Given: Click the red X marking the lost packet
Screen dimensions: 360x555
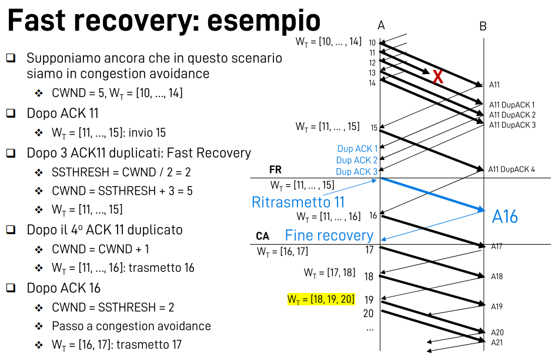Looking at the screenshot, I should point(437,76).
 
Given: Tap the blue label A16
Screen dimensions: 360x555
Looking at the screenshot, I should point(505,217).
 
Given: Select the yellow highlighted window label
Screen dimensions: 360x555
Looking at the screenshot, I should point(321,299).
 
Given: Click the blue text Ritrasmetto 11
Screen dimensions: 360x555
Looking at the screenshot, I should point(298,202).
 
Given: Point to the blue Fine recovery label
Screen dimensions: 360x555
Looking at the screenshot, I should point(329,236).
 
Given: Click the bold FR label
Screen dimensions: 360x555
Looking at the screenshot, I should point(275,170).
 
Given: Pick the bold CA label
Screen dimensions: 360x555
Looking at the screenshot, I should point(262,236).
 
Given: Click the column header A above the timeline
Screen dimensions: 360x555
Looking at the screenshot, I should point(381,25).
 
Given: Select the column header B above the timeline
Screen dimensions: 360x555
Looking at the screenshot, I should point(483,25).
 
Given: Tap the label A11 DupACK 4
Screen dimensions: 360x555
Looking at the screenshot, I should point(511,170).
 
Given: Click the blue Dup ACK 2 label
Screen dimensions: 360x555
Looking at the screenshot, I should point(357,160).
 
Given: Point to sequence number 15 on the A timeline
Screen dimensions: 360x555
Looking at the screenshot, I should point(374,127).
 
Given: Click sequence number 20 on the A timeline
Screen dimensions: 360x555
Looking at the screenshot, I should point(368,314).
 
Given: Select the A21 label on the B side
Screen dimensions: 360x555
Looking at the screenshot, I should point(497,342).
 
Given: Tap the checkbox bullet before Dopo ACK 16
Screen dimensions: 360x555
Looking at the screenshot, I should point(11,288).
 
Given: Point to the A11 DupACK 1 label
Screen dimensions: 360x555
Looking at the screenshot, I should point(512,105).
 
